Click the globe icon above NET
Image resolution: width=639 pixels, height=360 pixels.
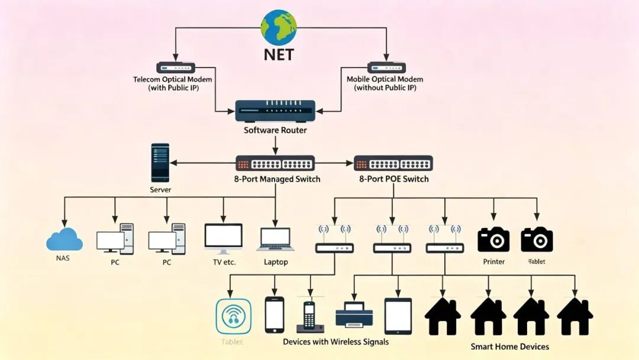click(x=279, y=27)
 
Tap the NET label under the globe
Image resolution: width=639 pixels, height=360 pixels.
click(x=279, y=54)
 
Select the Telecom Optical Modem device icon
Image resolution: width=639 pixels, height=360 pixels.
click(x=176, y=67)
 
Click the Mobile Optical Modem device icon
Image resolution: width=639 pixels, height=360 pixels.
click(x=386, y=67)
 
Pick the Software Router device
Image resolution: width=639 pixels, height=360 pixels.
click(x=276, y=111)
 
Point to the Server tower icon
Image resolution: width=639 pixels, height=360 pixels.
click(x=160, y=163)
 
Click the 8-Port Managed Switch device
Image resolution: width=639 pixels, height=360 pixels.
click(x=275, y=163)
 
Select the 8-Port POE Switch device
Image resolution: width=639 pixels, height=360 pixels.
click(x=393, y=163)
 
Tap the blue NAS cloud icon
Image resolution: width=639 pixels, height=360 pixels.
click(x=64, y=240)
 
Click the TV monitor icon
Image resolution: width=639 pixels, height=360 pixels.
click(x=223, y=239)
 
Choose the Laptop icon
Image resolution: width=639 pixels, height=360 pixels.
click(x=276, y=239)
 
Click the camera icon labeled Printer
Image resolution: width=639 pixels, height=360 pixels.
click(x=493, y=239)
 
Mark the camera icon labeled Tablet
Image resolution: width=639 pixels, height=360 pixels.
click(x=537, y=239)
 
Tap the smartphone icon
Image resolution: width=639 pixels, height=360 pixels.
click(x=275, y=315)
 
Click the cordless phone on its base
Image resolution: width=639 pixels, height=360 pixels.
click(x=310, y=317)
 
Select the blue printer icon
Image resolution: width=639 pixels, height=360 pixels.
click(x=354, y=314)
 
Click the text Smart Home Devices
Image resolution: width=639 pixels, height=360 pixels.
click(x=510, y=346)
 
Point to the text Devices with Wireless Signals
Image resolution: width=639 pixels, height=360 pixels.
click(x=336, y=342)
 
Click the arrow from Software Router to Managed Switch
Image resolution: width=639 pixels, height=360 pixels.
click(x=275, y=146)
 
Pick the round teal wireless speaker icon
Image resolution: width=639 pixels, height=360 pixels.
click(x=234, y=316)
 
